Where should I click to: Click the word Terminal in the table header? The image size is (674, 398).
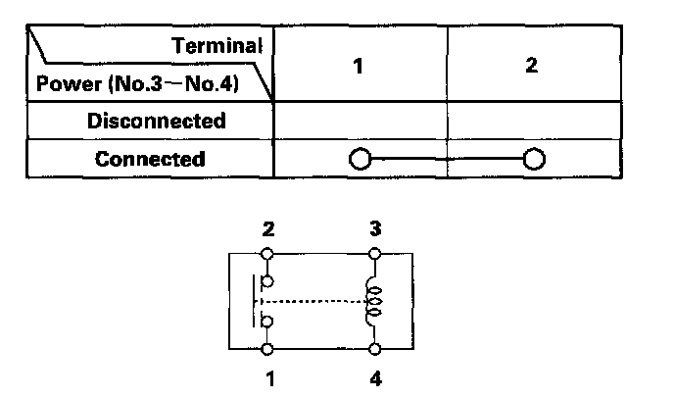pyautogui.click(x=217, y=45)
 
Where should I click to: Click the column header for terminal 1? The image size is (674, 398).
pyautogui.click(x=360, y=67)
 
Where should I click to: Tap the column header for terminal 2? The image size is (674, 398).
pyautogui.click(x=533, y=67)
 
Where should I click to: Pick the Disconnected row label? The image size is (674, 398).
pyautogui.click(x=157, y=122)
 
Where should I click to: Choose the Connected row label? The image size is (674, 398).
pyautogui.click(x=150, y=159)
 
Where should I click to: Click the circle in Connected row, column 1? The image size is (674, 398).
pyautogui.click(x=360, y=160)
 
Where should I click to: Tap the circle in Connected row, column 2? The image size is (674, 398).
pyautogui.click(x=534, y=160)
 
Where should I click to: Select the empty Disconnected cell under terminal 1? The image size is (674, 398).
pyautogui.click(x=360, y=122)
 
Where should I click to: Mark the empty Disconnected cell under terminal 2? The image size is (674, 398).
pyautogui.click(x=534, y=122)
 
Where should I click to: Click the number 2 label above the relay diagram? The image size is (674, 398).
pyautogui.click(x=268, y=229)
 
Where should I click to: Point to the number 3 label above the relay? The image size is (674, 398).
pyautogui.click(x=375, y=229)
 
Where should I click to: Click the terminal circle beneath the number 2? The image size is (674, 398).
pyautogui.click(x=268, y=254)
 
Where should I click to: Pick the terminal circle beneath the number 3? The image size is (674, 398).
pyautogui.click(x=375, y=254)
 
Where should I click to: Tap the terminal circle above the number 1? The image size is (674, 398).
pyautogui.click(x=268, y=348)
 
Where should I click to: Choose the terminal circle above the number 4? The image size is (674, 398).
pyautogui.click(x=375, y=348)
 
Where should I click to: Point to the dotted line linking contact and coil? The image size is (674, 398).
pyautogui.click(x=313, y=301)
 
